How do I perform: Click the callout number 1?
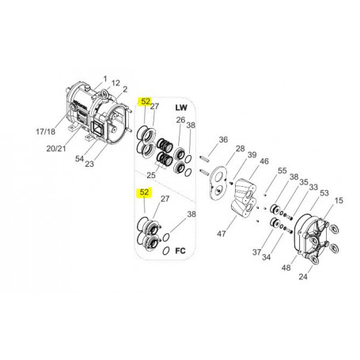[x=105, y=78]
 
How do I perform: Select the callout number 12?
[x=116, y=83]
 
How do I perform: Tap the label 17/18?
[x=46, y=131]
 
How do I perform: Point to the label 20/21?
[x=56, y=149]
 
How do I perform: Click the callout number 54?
[x=79, y=159]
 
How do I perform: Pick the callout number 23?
[x=89, y=164]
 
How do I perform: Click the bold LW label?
[x=181, y=108]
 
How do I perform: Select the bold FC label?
[x=180, y=251]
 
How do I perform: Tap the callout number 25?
[x=151, y=175]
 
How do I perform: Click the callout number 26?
[x=180, y=120]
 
